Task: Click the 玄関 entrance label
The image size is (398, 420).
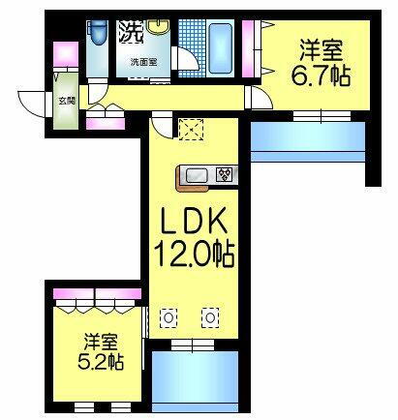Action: (x=65, y=99)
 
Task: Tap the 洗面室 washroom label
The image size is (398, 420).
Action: (x=144, y=63)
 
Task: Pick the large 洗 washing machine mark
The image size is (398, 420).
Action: (x=130, y=32)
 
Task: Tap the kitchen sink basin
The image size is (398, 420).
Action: (x=196, y=175)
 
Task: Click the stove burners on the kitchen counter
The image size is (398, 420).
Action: (x=225, y=175)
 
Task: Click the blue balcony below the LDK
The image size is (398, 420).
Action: (x=195, y=382)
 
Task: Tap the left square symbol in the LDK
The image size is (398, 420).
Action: (x=168, y=315)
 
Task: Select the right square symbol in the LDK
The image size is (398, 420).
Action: (x=210, y=315)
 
